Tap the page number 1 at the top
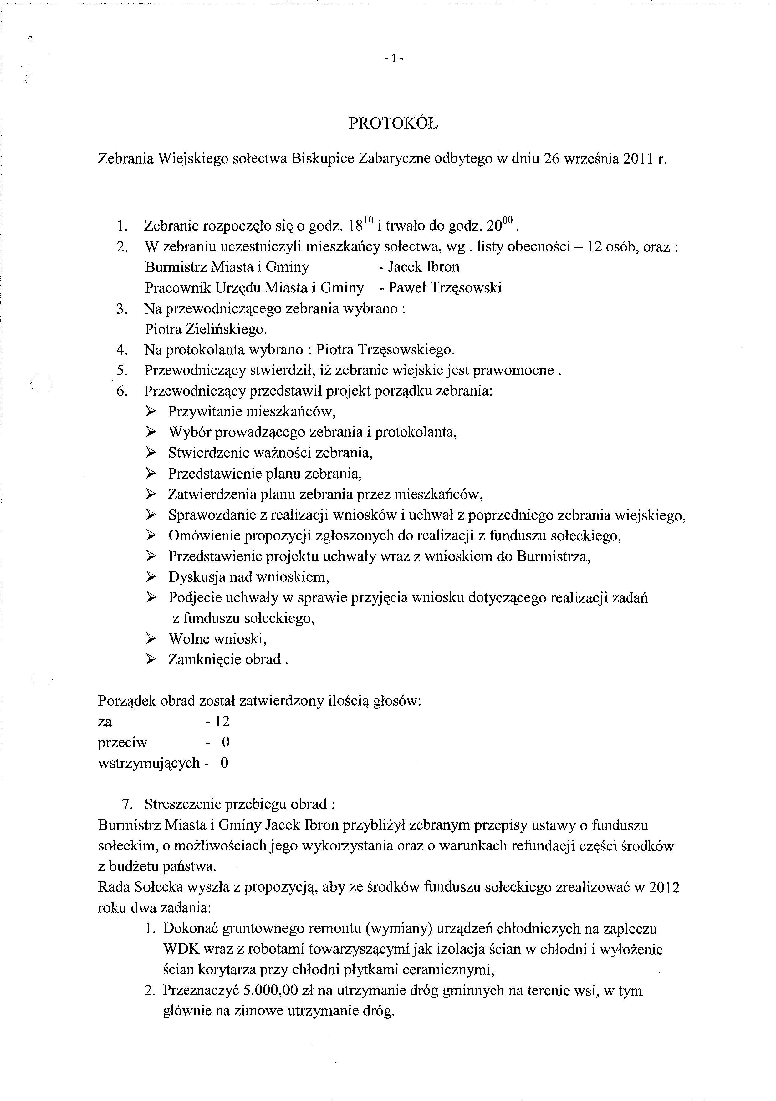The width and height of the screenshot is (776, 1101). (394, 59)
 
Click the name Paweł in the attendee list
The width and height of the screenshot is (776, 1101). (407, 288)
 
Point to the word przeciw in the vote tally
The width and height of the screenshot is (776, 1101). (122, 743)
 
